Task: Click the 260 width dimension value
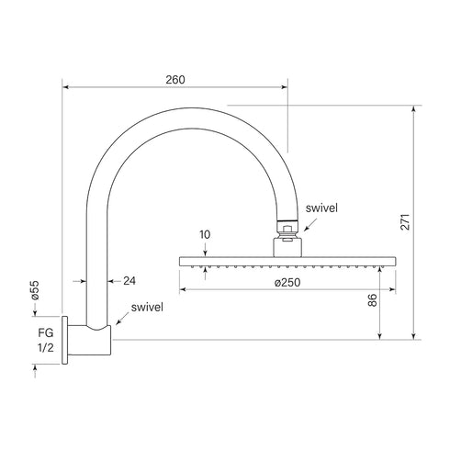click(175, 79)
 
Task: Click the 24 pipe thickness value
click(129, 281)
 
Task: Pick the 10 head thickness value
click(204, 235)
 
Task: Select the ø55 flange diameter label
click(34, 290)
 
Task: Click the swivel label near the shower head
click(321, 208)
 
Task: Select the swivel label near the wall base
click(148, 307)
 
